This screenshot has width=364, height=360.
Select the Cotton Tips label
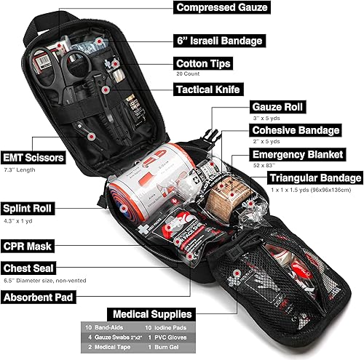203,63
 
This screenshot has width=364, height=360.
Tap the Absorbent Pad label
40,297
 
